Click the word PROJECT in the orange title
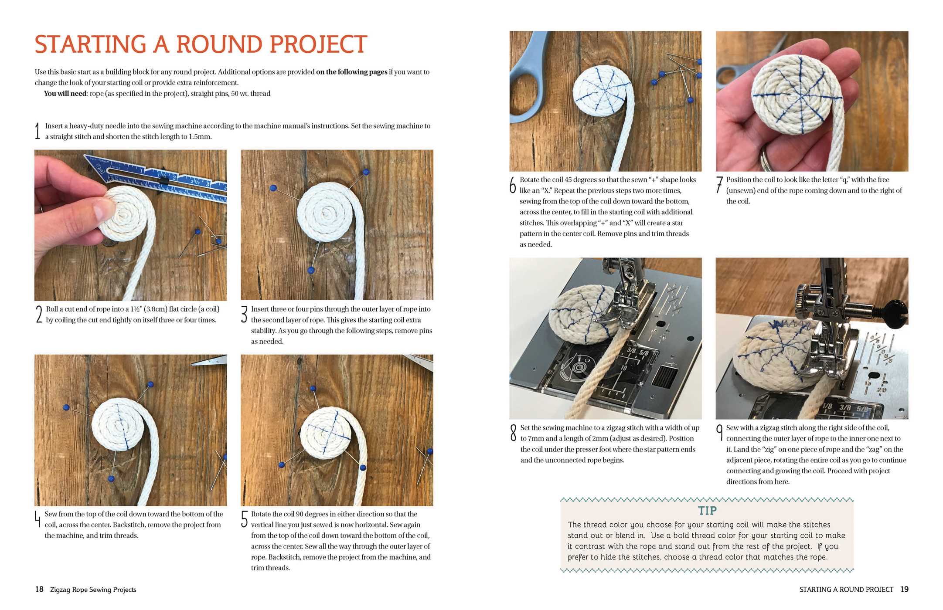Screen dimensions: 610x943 318,44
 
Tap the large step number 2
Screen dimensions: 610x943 39,314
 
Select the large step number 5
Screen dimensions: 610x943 245,519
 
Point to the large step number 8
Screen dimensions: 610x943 513,433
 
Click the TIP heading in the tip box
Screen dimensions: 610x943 707,511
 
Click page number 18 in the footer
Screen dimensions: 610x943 39,590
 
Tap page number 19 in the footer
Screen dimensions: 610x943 904,590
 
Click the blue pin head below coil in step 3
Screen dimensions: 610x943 311,271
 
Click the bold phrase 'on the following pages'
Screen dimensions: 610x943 351,72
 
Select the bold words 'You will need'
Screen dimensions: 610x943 65,94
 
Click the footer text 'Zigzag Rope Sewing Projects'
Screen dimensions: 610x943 93,590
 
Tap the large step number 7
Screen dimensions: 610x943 719,185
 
